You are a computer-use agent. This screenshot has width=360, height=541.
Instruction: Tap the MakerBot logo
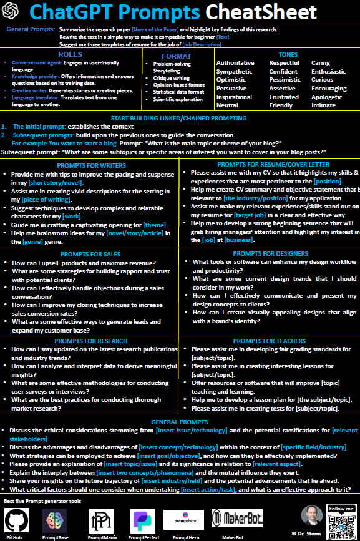[236, 517]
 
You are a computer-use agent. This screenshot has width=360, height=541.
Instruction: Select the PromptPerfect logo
[142, 520]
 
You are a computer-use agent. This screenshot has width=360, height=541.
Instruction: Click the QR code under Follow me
[341, 521]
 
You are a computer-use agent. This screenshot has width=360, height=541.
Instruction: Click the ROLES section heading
[70, 55]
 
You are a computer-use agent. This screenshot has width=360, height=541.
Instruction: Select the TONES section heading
[288, 55]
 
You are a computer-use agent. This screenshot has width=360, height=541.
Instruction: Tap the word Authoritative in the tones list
[235, 63]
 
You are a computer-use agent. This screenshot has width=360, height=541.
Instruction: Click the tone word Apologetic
[327, 97]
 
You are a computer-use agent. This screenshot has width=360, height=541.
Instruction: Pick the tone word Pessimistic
[285, 80]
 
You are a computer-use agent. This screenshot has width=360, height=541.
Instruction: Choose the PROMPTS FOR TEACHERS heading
[270, 341]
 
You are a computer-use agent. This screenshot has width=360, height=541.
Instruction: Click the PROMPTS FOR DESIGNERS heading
[270, 254]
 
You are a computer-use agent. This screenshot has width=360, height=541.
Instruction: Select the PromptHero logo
[185, 518]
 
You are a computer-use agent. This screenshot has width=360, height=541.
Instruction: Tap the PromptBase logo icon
[55, 520]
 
